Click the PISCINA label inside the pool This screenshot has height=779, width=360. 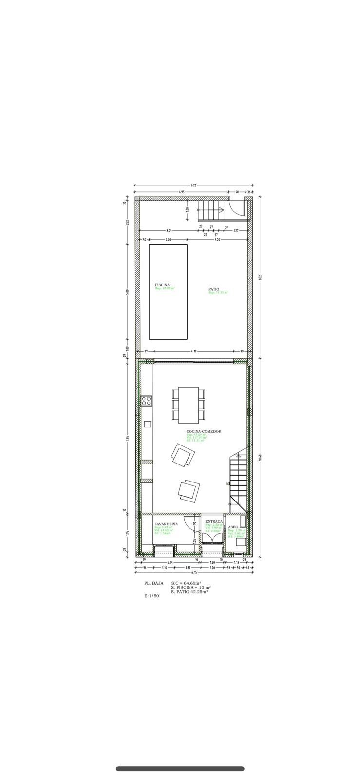[162, 285]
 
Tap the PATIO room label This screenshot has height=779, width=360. [214, 289]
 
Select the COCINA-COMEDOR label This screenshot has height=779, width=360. [204, 431]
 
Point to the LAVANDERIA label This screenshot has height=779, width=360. [166, 524]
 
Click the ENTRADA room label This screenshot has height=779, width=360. [214, 521]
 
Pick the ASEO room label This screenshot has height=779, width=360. [233, 527]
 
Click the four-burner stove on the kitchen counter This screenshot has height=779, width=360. [146, 401]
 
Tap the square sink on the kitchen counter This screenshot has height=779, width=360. [147, 424]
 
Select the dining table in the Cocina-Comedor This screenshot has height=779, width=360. [189, 405]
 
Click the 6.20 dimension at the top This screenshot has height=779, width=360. [193, 185]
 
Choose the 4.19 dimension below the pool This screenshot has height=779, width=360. [194, 351]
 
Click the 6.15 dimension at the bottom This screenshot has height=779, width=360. [193, 572]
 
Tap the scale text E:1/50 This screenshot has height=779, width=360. [152, 596]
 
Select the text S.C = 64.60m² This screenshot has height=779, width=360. [186, 583]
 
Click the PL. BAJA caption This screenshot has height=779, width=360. [154, 583]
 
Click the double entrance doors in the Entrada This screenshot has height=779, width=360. [212, 538]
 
